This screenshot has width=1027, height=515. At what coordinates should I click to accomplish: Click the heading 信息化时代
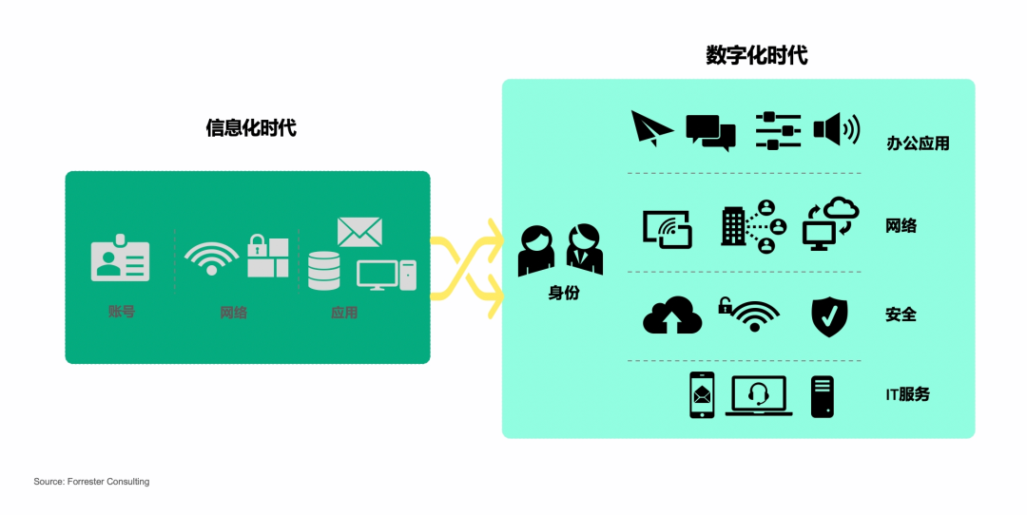[251, 127]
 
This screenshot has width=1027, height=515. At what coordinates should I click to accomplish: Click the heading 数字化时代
[756, 55]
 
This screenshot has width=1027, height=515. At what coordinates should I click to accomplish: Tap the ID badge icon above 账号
[120, 258]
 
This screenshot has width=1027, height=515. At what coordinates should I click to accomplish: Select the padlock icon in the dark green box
[258, 245]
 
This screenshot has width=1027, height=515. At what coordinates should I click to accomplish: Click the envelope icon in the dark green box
[359, 232]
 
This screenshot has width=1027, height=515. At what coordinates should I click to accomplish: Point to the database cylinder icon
[323, 271]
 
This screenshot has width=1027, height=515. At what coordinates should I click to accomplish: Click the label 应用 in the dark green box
[344, 312]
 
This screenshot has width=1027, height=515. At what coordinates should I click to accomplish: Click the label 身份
[563, 293]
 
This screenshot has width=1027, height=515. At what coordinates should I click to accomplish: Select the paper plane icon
[651, 128]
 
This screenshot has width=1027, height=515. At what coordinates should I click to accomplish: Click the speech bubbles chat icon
[710, 132]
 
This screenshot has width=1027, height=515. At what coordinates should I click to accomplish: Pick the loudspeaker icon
[836, 129]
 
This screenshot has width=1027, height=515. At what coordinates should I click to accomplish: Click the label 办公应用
[918, 143]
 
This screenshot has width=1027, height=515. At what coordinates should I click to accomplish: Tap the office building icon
[734, 225]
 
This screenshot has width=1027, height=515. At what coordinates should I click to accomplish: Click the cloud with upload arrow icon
[672, 315]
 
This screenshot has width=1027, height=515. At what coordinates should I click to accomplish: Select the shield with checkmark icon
[828, 316]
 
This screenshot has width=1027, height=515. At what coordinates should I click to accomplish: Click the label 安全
[901, 315]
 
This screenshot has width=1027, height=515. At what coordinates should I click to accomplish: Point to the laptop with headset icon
[758, 395]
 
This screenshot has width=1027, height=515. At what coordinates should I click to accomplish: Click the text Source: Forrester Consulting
[91, 482]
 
